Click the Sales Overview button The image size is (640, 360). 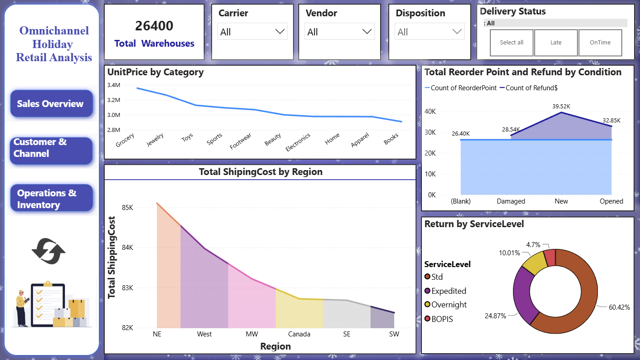[x=51, y=103]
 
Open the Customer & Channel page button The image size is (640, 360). [x=51, y=151]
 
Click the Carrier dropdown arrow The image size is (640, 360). [x=280, y=31]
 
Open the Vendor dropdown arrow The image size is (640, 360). [x=367, y=31]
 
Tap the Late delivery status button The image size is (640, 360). [x=556, y=43]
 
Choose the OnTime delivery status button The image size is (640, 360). [x=600, y=43]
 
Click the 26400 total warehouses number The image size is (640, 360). [x=154, y=26]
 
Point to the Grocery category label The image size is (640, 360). [x=125, y=140]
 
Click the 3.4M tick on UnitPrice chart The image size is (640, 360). [x=114, y=85]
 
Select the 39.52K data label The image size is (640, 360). [x=561, y=106]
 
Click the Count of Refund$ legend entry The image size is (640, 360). [x=528, y=88]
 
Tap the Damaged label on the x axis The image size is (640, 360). [x=511, y=201]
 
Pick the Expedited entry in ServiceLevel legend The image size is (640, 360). [x=445, y=291]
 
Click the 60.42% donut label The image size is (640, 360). [x=619, y=307]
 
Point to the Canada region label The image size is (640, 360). [x=299, y=334]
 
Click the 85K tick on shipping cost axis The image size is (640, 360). [x=127, y=208]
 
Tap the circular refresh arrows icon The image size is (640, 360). [x=49, y=251]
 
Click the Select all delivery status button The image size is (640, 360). [x=512, y=43]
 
